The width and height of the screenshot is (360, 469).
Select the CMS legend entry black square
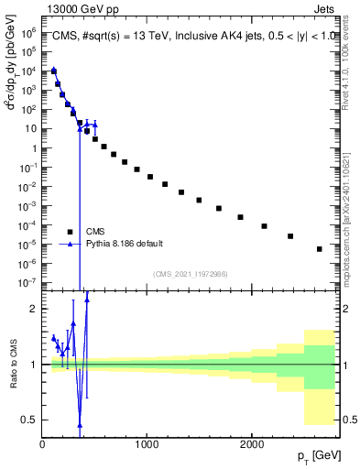point(70,232)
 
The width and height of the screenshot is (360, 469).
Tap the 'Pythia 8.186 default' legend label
point(125,244)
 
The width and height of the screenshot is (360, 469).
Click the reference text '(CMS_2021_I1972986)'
point(190,274)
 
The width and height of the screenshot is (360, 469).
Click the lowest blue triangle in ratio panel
point(80,425)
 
